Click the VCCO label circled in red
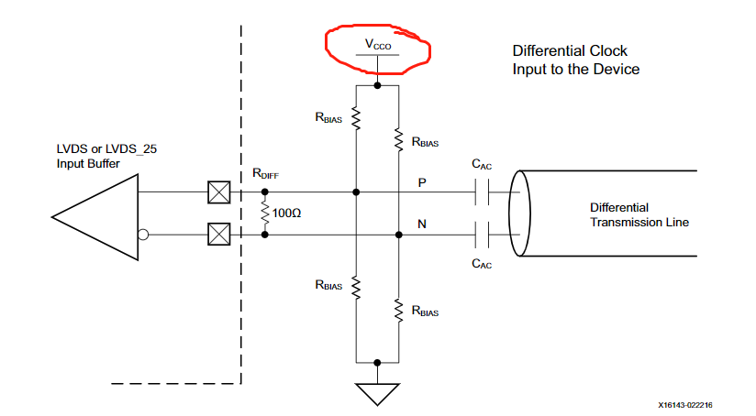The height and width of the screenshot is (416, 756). [377, 43]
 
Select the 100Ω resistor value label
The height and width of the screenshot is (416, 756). [286, 213]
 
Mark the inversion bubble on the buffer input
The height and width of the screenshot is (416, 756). [144, 235]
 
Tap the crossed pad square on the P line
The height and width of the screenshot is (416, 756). [217, 192]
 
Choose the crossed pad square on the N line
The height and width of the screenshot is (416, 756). [217, 235]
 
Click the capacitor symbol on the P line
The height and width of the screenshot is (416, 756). [484, 192]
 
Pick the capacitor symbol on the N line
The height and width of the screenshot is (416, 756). [484, 235]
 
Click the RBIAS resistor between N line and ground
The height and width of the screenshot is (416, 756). [398, 310]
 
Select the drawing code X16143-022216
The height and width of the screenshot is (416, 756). [697, 403]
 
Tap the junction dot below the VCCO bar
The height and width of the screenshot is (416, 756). [377, 86]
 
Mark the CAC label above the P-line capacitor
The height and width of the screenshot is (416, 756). [483, 164]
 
